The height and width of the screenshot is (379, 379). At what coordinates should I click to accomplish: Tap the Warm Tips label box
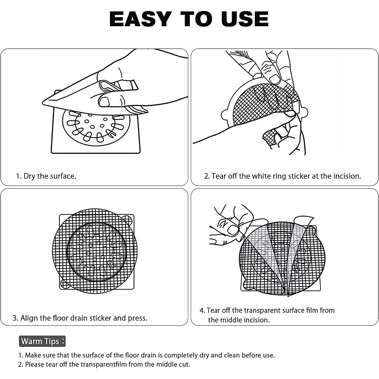click(42, 341)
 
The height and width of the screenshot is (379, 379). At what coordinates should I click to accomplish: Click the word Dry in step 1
click(30, 176)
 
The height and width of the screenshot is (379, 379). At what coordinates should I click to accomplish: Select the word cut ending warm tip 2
click(183, 364)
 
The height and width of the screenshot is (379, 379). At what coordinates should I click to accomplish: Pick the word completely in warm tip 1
click(181, 355)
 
